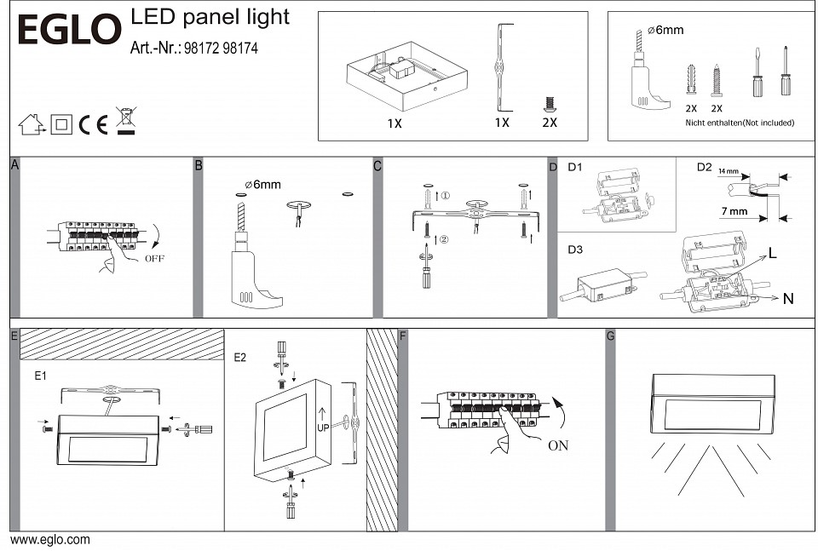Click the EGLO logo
70,30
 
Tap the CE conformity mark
93,125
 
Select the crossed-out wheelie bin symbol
126,122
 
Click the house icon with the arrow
32,124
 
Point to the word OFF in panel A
154,257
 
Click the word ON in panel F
558,445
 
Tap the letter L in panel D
772,253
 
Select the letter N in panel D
788,299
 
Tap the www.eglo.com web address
50,539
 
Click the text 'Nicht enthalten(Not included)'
740,123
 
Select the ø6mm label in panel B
262,184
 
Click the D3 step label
576,250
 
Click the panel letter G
610,336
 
